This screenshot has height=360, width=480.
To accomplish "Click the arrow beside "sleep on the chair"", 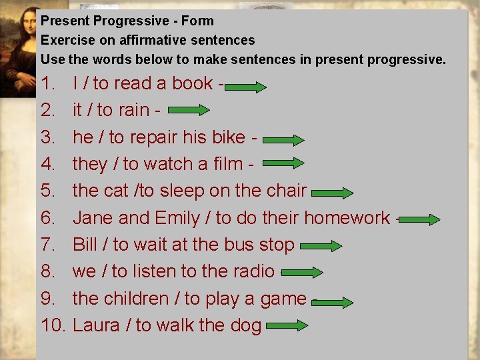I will point(332,193).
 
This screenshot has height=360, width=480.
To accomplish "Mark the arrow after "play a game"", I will point(332,302).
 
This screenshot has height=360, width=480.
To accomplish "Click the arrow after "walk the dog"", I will point(286,326).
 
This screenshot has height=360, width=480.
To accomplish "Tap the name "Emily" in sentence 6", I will point(177,218).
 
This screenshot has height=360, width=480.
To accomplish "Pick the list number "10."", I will point(53,325).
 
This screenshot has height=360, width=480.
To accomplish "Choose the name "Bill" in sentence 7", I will point(85,245).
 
